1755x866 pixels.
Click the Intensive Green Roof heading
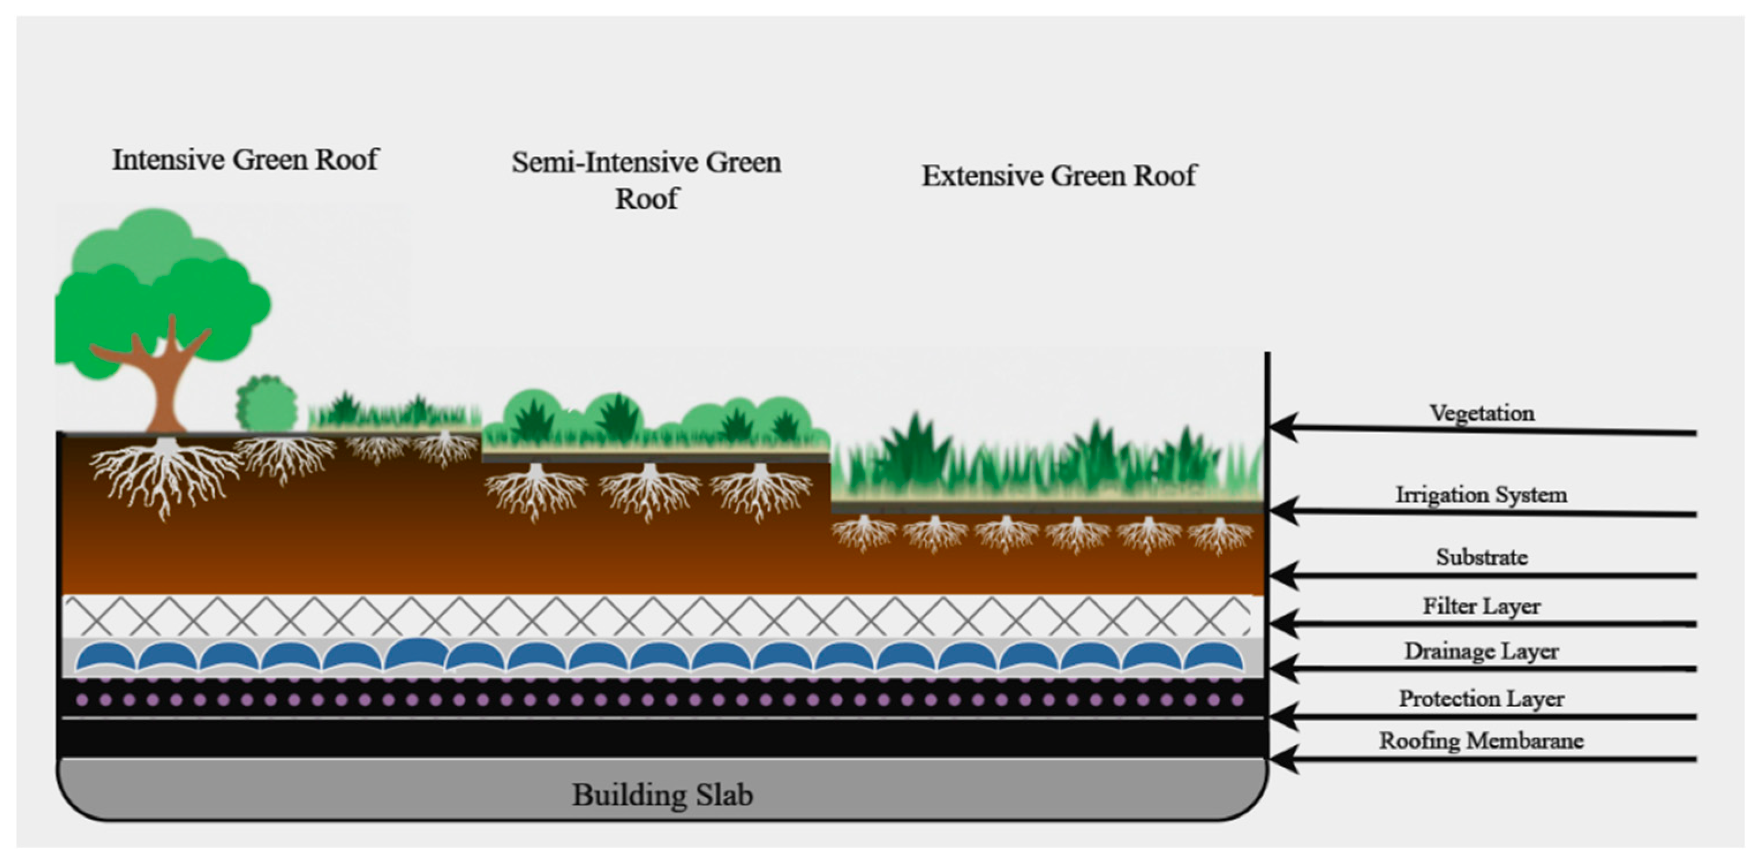(246, 160)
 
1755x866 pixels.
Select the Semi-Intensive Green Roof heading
(646, 180)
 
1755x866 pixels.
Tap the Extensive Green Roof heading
(1059, 176)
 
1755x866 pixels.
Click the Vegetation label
(1481, 413)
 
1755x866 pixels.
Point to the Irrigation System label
(1481, 494)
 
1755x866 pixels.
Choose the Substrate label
(1481, 557)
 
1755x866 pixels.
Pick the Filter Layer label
(1481, 606)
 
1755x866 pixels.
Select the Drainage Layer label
(1481, 651)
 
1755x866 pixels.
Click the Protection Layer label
(1481, 698)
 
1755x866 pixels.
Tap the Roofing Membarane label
(1481, 740)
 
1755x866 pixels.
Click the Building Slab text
(662, 795)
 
